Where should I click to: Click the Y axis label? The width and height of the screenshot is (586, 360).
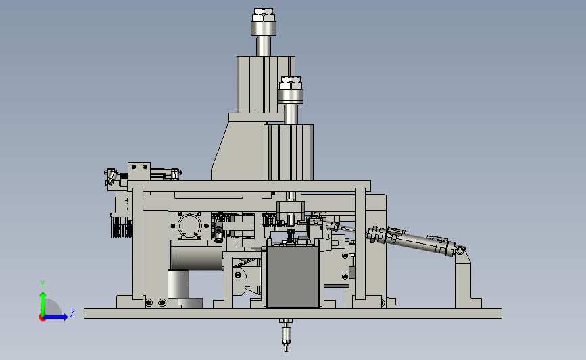click(43, 284)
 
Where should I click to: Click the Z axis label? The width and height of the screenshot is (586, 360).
click(72, 313)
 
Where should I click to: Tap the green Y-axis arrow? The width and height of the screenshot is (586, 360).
click(43, 304)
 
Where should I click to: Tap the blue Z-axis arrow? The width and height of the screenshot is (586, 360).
click(55, 317)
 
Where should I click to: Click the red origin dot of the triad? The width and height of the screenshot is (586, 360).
click(42, 318)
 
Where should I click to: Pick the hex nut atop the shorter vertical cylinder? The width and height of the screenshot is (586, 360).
click(291, 83)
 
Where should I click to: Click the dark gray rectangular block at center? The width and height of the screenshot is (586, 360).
click(293, 277)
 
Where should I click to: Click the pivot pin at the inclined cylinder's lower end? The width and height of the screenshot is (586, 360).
click(460, 250)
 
